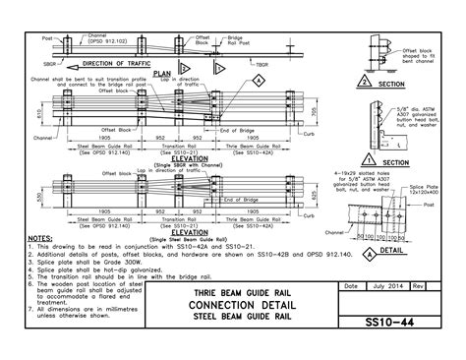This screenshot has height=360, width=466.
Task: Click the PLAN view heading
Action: click(163, 73)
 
